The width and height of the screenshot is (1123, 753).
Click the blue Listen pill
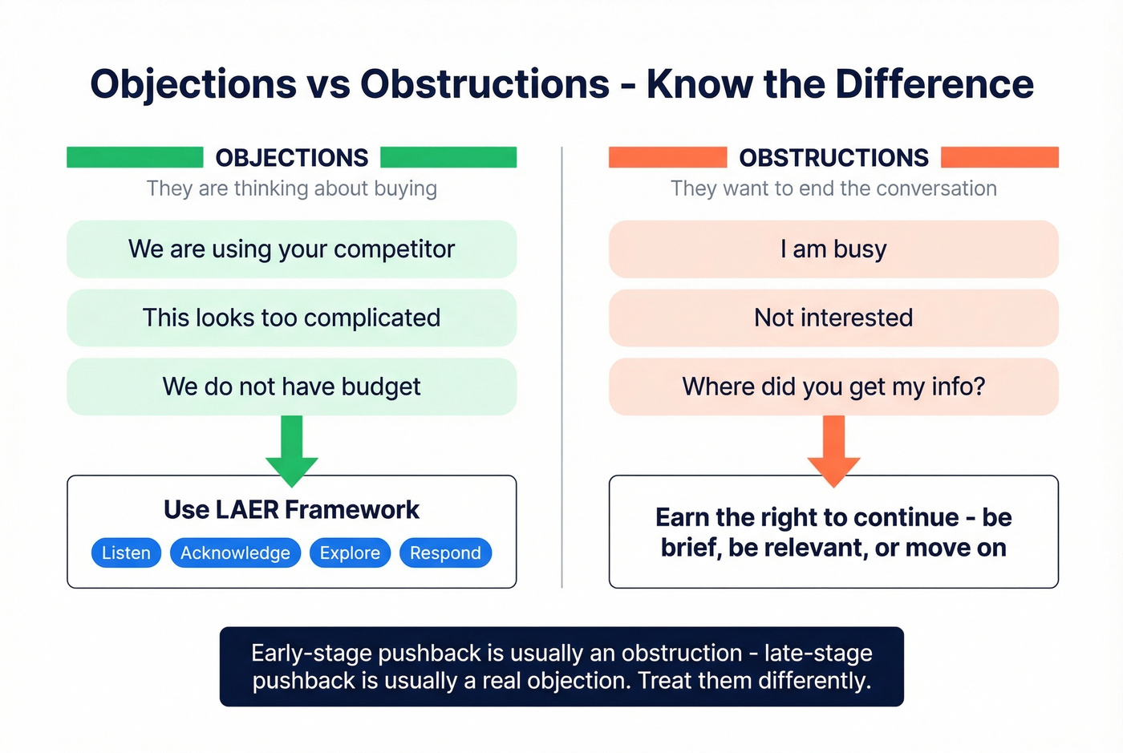tap(126, 553)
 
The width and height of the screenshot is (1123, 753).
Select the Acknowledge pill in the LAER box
tap(235, 553)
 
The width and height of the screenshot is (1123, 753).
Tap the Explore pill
tap(350, 553)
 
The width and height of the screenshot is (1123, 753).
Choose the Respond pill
tap(445, 553)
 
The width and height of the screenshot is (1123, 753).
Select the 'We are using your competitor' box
tap(291, 249)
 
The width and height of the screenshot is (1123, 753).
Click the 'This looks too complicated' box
tap(291, 318)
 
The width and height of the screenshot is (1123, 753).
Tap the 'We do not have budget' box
tap(291, 387)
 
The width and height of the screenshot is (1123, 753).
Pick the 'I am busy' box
tap(833, 249)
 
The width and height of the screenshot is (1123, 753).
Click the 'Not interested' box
tap(833, 318)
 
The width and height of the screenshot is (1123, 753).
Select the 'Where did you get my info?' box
tap(833, 387)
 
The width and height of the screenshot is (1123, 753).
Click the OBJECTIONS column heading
tap(292, 158)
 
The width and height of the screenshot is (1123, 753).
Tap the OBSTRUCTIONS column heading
tap(833, 158)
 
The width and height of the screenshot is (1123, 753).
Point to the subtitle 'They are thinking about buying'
tap(292, 188)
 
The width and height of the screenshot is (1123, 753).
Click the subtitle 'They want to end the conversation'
tap(833, 188)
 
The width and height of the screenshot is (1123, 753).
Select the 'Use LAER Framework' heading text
tap(292, 510)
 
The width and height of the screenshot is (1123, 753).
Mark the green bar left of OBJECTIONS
tap(135, 157)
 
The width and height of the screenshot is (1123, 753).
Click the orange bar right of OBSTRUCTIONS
tap(999, 157)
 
